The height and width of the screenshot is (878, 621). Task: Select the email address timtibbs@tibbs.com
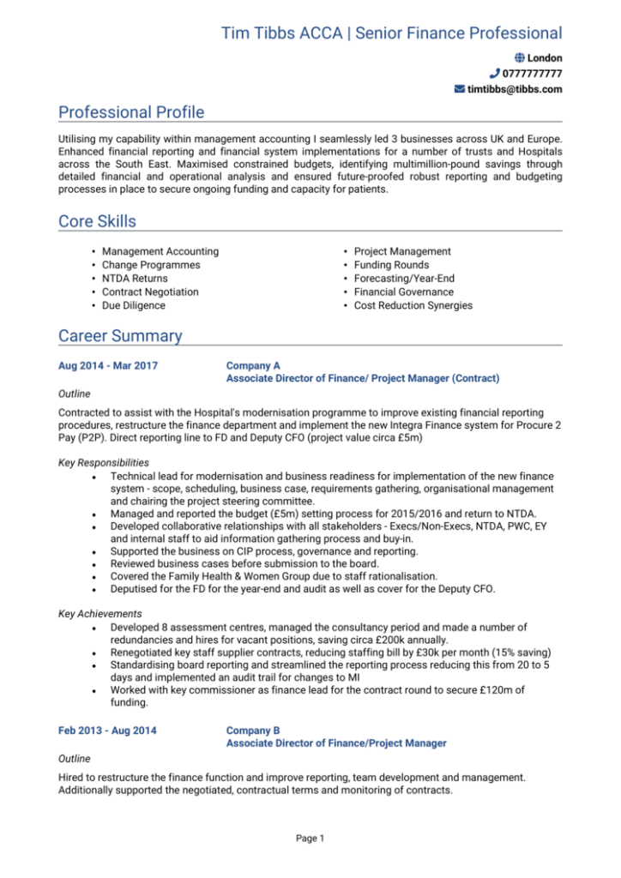[x=515, y=89]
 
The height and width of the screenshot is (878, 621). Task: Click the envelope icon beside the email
[x=459, y=89]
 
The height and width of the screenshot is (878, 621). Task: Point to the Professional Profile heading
[x=131, y=112]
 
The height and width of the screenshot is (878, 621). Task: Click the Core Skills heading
[x=97, y=221]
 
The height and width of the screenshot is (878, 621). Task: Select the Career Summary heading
[x=120, y=336]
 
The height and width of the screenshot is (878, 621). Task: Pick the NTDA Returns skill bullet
[x=135, y=279]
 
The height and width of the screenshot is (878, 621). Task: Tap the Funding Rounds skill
[x=390, y=265]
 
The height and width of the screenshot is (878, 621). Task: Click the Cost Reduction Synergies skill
[x=413, y=305]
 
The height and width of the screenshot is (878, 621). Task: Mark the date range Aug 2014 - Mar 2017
[x=107, y=365]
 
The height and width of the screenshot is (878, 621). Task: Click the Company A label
[x=253, y=365]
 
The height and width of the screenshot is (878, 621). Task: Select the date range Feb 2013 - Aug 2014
[x=106, y=731]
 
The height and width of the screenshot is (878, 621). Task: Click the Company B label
[x=253, y=731]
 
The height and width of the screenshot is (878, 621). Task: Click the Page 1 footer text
[x=310, y=838]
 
